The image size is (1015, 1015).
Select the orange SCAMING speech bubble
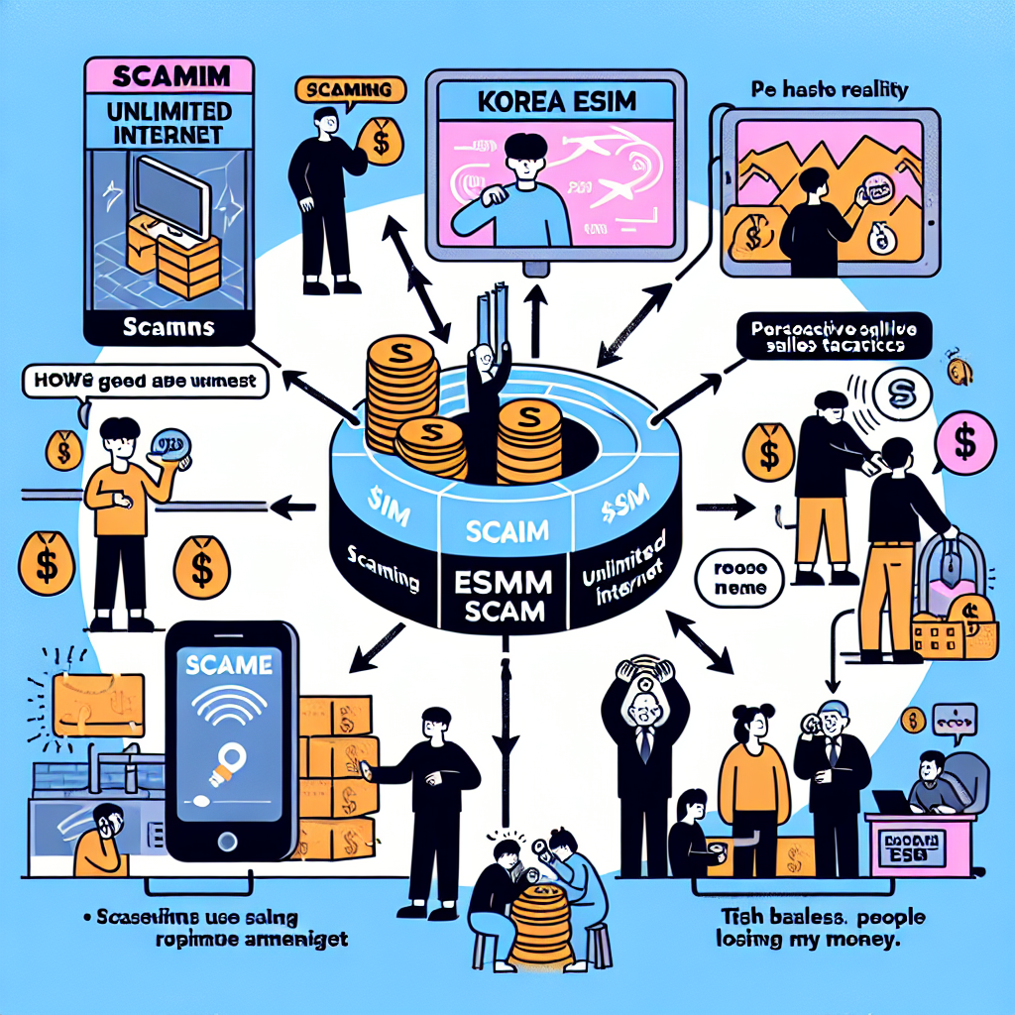pos(351,90)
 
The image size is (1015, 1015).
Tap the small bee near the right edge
pos(958,372)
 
